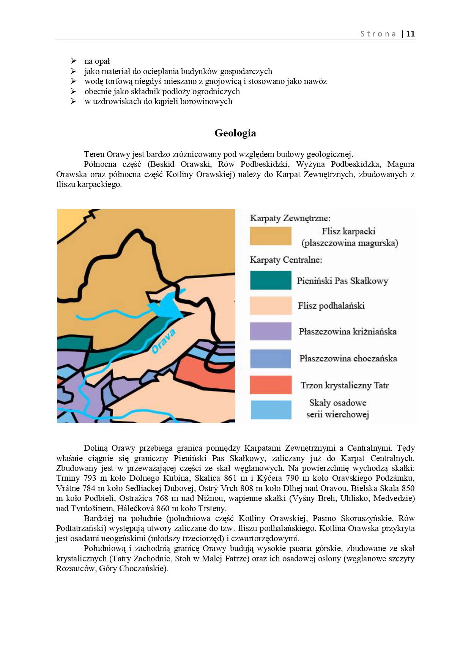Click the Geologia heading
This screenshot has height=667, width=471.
235,133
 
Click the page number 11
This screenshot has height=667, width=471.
410,34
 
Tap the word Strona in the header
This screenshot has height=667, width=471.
378,34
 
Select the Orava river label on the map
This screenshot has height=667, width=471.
164,341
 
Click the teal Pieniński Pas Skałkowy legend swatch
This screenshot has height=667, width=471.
271,280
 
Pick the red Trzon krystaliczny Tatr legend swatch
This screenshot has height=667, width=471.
271,385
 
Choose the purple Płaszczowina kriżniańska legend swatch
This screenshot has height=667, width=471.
271,331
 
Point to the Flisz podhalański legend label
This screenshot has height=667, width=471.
331,306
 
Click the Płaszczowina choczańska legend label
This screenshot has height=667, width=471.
348,358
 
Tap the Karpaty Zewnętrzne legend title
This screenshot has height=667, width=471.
290,218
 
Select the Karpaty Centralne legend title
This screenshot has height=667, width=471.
286,260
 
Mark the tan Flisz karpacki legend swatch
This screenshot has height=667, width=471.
271,236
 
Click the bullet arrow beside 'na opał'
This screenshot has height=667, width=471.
74,61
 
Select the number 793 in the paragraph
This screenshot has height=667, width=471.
90,478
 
